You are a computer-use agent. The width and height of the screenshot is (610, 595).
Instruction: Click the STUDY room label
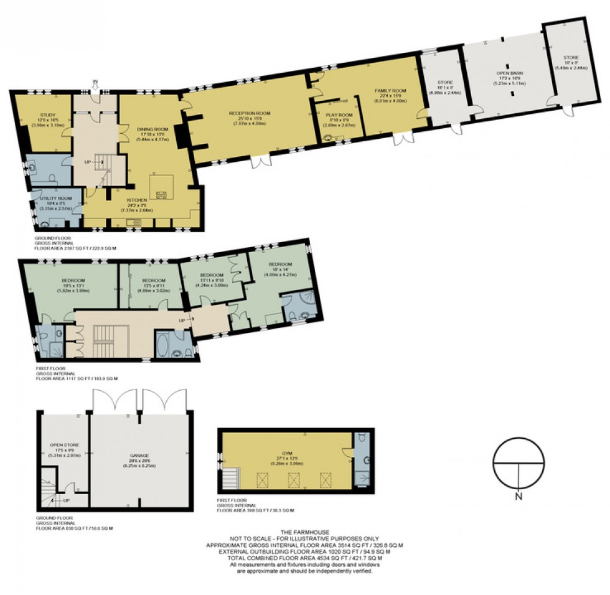[x=48, y=115]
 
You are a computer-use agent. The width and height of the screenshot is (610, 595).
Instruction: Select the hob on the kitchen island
[x=161, y=194]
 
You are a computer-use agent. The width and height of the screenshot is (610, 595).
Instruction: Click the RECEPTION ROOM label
[x=250, y=113]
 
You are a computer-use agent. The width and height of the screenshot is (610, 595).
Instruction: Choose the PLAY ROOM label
[x=339, y=115]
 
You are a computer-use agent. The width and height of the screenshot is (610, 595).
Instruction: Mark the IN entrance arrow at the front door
[x=95, y=82]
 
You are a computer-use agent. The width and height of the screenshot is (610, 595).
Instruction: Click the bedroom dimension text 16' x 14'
[x=277, y=269]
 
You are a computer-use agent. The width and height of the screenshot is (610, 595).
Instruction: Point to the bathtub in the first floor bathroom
[x=164, y=344]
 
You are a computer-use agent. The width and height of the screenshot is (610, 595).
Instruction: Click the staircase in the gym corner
[x=232, y=479]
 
